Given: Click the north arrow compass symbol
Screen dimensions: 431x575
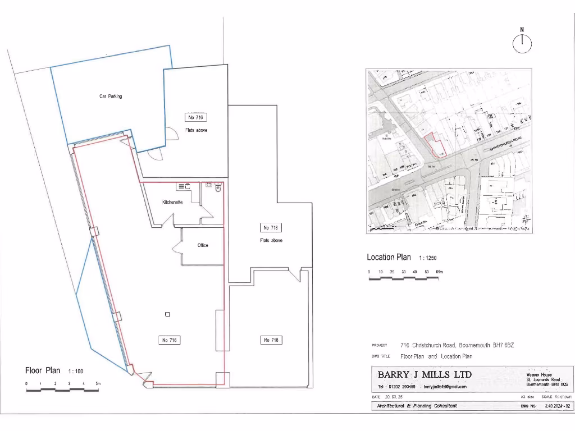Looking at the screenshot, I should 522,43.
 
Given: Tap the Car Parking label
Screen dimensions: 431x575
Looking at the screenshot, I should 111,97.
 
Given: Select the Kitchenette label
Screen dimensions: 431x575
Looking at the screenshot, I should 172,202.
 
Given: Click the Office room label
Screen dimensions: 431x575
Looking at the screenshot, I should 203,245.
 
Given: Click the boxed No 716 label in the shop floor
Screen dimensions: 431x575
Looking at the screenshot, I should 170,340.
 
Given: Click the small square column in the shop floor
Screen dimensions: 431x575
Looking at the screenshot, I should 167,314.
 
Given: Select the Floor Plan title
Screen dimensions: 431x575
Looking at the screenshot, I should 43,370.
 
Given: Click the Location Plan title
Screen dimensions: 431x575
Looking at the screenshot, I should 389,258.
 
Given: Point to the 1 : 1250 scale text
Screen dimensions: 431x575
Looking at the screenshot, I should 427,258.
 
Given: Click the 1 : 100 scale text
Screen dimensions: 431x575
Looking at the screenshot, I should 76,372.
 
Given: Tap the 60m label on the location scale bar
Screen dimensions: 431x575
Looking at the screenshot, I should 439,272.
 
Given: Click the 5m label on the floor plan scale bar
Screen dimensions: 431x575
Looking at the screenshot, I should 98,384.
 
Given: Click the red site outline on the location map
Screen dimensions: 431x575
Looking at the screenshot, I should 435,145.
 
